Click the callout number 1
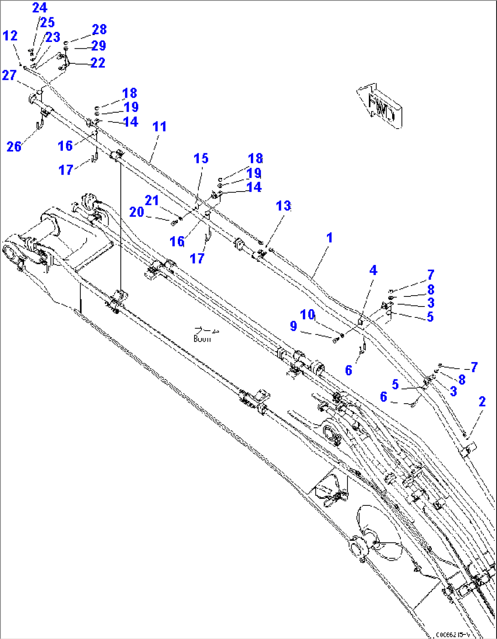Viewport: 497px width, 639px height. coord(329,238)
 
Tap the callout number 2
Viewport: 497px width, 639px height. coord(482,401)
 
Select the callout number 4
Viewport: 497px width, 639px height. coord(373,270)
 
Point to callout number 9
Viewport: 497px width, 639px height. coord(293,326)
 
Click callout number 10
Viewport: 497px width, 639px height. coord(307,314)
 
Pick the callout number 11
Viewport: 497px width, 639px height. coord(159,126)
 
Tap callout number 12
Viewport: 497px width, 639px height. coord(10,36)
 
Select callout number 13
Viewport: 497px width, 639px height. coord(283,206)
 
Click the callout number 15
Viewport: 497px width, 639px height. coord(201,158)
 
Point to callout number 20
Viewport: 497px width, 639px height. coord(136,212)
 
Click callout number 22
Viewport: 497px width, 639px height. coord(98,62)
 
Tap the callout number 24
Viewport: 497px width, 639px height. coord(39,8)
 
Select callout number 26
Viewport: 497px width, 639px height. coord(14,146)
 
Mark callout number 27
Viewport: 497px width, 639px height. coord(9,75)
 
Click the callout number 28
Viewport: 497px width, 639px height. coord(99,30)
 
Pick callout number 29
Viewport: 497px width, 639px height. coord(98,46)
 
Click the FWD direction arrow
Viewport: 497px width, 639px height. coord(380,106)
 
